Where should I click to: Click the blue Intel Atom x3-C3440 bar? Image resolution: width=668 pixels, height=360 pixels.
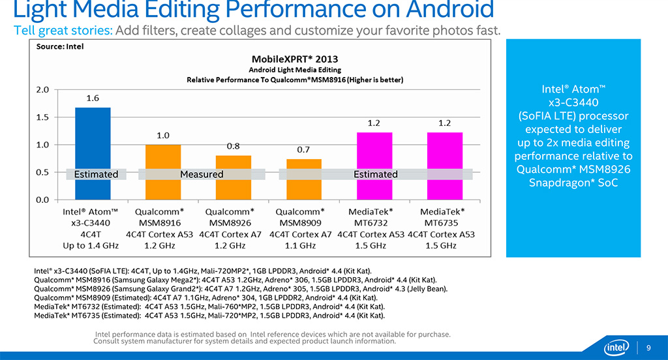tap(93, 140)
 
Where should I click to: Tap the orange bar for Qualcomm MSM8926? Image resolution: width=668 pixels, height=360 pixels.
tap(233, 163)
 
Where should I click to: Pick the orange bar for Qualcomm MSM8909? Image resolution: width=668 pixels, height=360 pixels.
tap(304, 166)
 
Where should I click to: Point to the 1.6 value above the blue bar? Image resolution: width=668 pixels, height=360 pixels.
tap(93, 98)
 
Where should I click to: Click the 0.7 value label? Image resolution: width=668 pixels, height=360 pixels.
tap(303, 149)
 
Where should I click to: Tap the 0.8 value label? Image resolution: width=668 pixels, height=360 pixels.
tap(233, 146)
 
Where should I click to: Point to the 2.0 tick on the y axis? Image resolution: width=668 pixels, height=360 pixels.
tap(44, 90)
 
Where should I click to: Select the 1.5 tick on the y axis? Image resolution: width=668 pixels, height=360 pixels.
tap(44, 117)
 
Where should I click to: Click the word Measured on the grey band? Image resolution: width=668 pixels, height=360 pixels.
tap(202, 174)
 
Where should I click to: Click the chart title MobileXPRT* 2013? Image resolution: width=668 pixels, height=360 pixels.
tap(295, 58)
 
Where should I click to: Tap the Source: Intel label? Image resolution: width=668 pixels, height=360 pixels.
tap(60, 46)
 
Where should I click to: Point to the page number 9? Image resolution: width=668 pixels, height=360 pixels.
tap(648, 346)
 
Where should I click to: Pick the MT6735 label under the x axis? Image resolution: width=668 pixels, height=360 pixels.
tap(442, 222)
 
